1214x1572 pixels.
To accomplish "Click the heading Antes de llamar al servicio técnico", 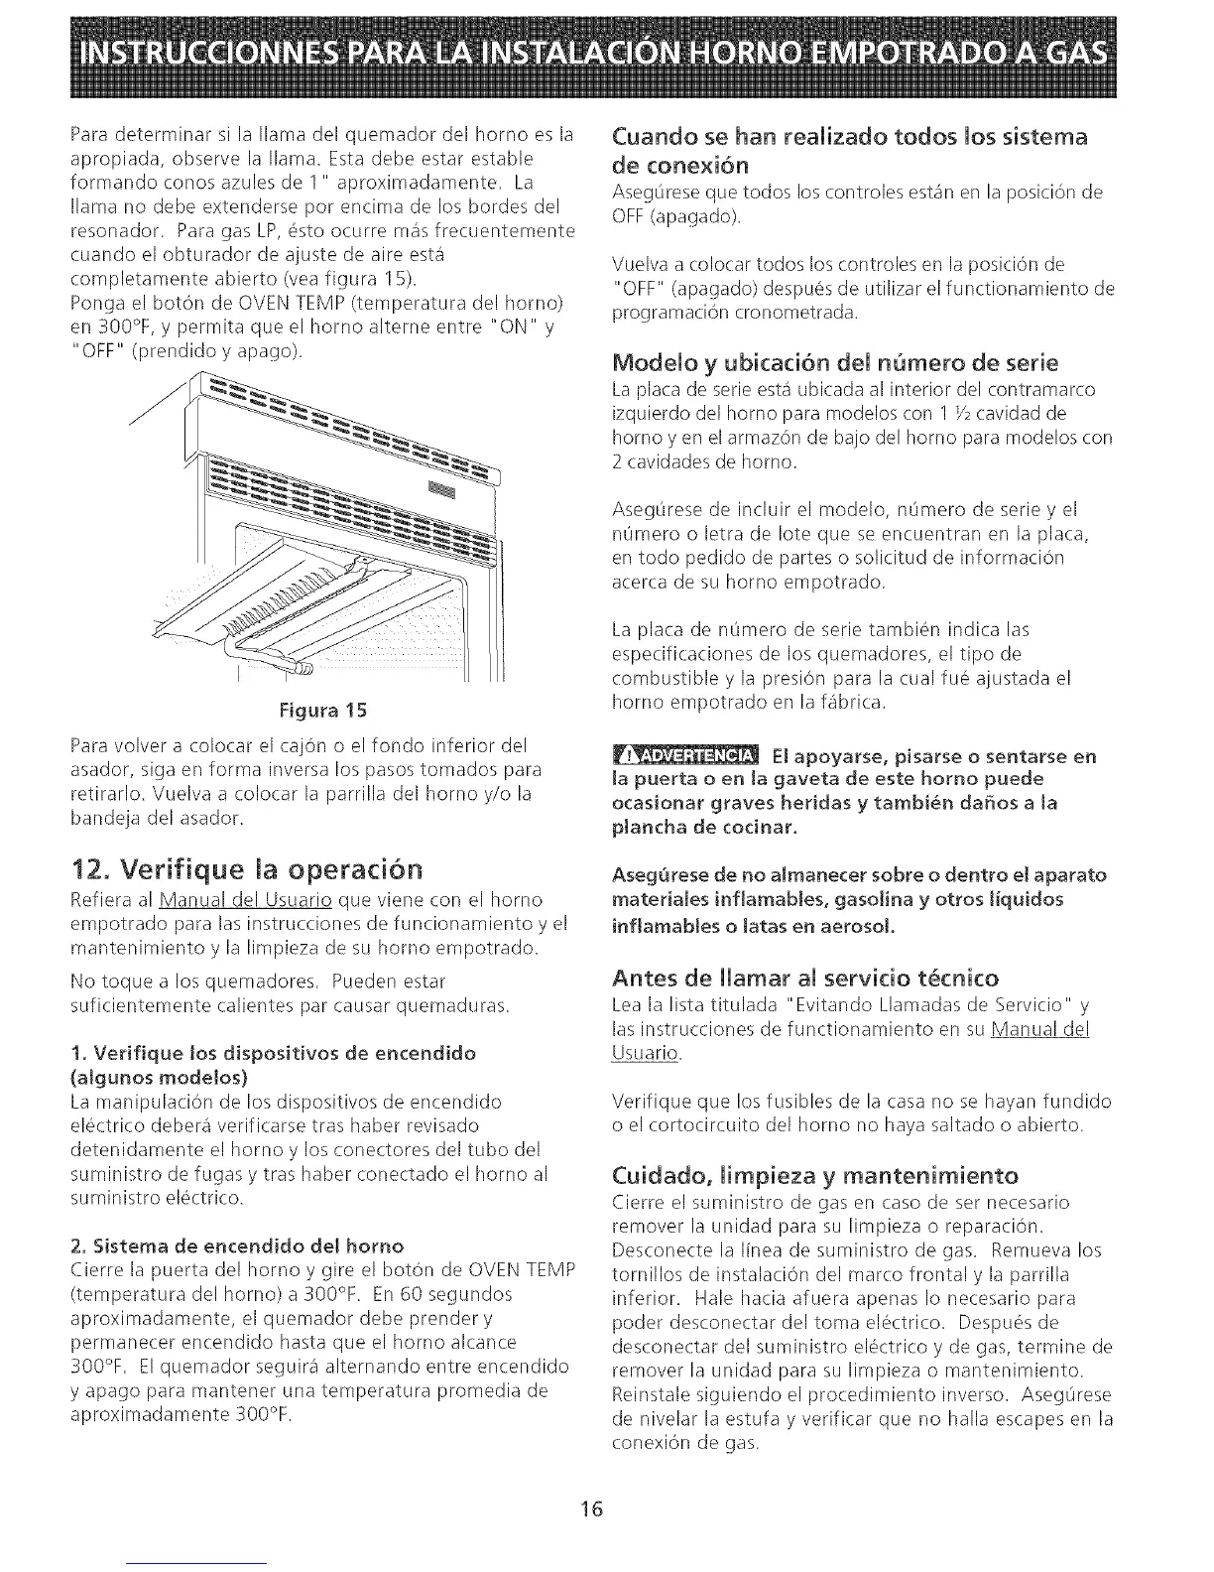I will [x=806, y=978].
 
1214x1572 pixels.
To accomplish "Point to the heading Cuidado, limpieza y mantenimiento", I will [x=816, y=1176].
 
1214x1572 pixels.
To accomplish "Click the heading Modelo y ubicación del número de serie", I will [x=836, y=360].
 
